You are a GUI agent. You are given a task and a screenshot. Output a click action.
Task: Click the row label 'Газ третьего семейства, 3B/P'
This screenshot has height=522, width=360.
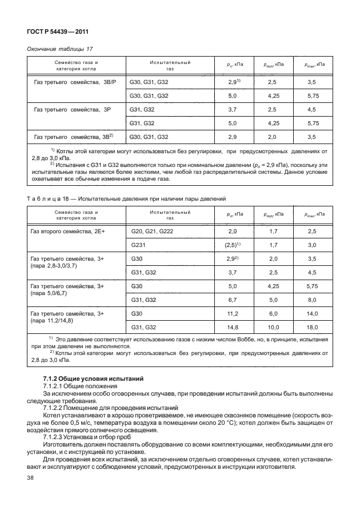pos(75,83)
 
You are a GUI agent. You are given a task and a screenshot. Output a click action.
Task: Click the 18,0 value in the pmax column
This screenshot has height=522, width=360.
pos(312,328)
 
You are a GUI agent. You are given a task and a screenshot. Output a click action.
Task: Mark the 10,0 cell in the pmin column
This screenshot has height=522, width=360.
pos(273,328)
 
